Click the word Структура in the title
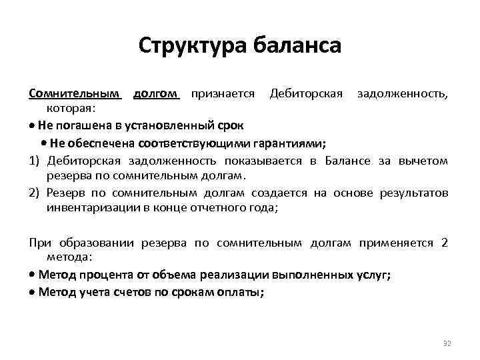point(193,46)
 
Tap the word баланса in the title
point(297,46)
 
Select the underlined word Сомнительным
point(75,93)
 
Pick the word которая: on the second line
point(71,108)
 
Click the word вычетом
point(427,161)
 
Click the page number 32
point(447,343)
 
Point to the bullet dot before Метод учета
point(33,292)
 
